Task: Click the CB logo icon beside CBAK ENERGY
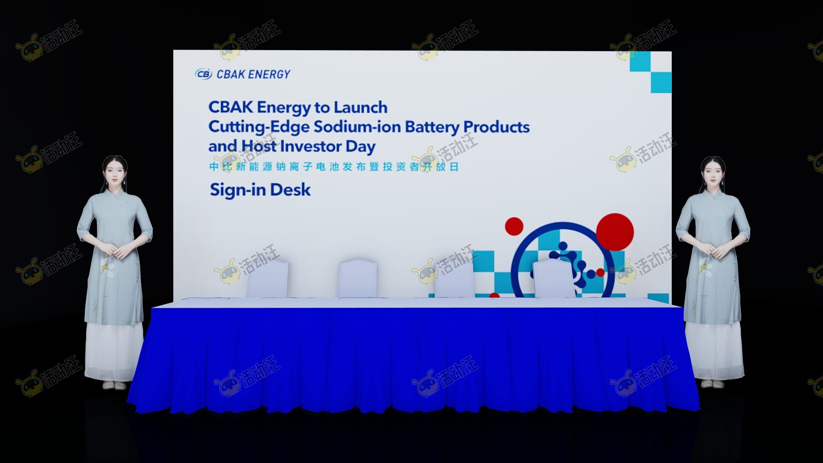203,74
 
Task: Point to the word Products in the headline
496,127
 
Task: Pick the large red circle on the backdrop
615,231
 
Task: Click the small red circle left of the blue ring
514,226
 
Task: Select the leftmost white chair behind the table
267,278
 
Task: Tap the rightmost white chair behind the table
553,278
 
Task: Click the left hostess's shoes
114,385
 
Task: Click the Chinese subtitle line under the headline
334,167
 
